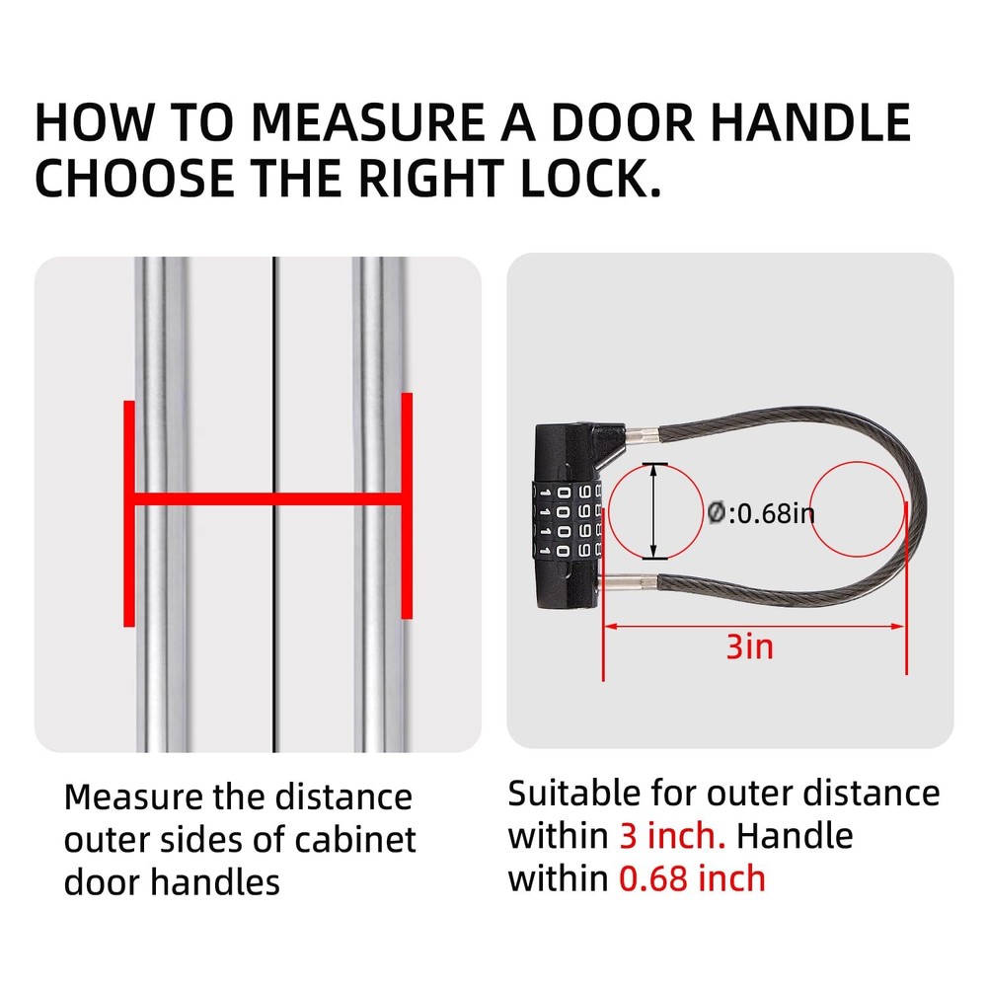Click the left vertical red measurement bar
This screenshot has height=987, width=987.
coord(128,513)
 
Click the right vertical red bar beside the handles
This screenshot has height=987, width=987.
coord(407,505)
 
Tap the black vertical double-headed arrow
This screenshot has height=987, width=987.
coord(653,512)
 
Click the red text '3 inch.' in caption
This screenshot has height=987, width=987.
coord(672,836)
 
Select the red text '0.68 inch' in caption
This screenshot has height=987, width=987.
coord(692,877)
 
